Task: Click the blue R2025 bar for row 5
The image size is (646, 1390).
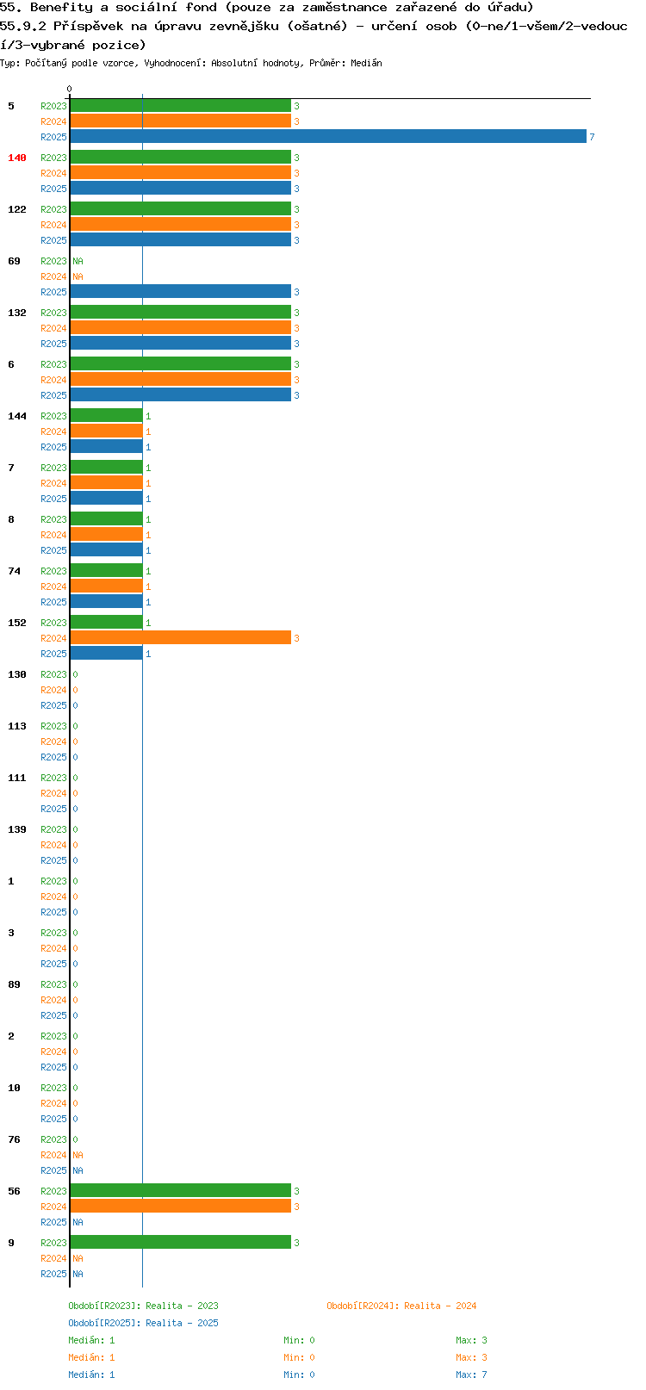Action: point(328,137)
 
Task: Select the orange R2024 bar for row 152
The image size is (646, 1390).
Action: point(181,638)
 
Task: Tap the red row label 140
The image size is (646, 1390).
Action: point(16,158)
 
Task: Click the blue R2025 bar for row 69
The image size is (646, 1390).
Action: point(181,292)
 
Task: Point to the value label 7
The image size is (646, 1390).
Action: point(592,137)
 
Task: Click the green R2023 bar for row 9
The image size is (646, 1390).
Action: point(181,1243)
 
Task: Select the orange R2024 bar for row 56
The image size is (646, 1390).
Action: point(181,1207)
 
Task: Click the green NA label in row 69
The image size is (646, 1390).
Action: point(78,261)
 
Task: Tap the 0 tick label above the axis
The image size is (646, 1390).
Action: point(69,89)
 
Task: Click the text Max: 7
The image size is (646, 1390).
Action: point(472,1374)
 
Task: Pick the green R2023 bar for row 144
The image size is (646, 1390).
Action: point(106,416)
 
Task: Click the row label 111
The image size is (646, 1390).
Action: point(16,778)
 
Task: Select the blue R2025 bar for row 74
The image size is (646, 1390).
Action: point(106,602)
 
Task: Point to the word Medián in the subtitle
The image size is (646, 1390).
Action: point(366,63)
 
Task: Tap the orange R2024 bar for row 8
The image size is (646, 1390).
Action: point(106,535)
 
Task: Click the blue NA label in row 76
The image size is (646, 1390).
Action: point(78,1170)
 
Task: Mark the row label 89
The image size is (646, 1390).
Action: point(14,984)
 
